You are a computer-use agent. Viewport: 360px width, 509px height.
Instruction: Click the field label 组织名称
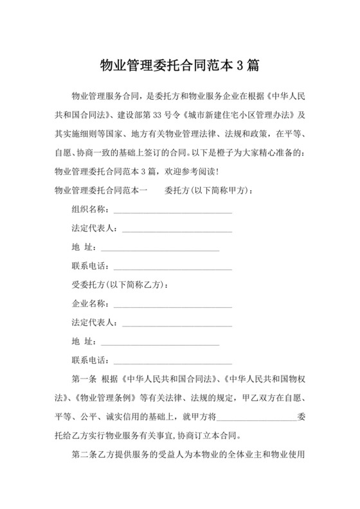coord(89,210)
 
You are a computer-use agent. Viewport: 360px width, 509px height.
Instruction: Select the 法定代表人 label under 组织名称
coord(94,228)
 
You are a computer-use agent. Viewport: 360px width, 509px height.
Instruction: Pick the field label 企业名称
coord(89,303)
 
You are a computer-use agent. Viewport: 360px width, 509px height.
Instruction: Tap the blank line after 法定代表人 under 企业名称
coord(176,323)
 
